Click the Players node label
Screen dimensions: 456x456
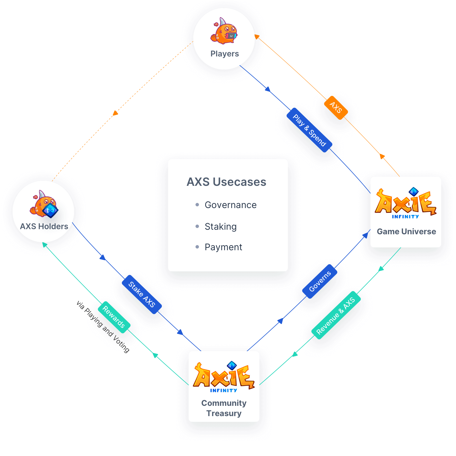tap(225, 54)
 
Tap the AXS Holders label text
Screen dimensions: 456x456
tap(44, 226)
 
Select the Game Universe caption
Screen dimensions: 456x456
tap(406, 231)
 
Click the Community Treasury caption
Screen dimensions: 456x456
tap(224, 408)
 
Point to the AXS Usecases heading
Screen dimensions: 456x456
tap(226, 182)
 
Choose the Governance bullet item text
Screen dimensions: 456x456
tap(231, 205)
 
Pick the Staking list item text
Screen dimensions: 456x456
tap(221, 227)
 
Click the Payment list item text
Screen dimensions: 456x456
tap(223, 247)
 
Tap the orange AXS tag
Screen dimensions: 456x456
tap(336, 108)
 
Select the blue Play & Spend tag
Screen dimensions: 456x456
tap(309, 130)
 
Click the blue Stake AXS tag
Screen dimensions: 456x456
tap(142, 294)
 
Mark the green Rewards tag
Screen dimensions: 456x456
tap(114, 317)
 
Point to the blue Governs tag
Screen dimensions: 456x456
tap(320, 281)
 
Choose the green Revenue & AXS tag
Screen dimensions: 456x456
tap(336, 315)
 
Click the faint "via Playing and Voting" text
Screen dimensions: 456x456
tap(103, 327)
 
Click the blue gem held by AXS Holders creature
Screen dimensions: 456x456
tap(50, 211)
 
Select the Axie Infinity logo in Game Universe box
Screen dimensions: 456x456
tap(406, 203)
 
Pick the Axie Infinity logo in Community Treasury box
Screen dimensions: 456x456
tap(224, 377)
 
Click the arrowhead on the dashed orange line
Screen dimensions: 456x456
tap(115, 113)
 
